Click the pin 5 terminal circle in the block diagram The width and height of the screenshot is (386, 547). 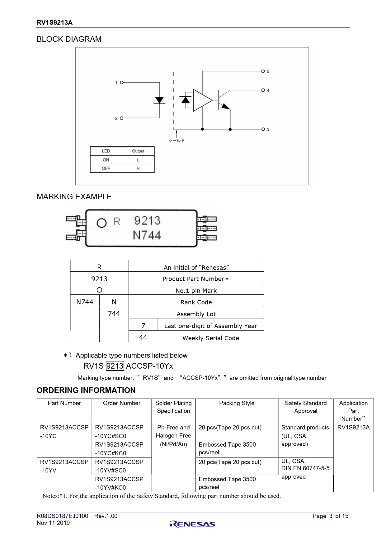(263, 71)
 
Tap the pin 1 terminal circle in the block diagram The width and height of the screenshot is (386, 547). (122, 83)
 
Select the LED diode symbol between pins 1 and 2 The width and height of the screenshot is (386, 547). (159, 100)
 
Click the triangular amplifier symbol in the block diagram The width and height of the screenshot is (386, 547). (202, 100)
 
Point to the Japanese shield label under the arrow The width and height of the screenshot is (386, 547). (177, 141)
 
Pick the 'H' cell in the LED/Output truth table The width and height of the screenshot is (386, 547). (138, 168)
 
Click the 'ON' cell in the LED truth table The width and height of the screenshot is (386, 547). (106, 160)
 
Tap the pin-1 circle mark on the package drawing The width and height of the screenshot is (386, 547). (101, 223)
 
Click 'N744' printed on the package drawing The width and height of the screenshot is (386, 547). (147, 235)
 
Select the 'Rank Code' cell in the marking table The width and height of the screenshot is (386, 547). (196, 302)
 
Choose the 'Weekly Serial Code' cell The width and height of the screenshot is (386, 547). (211, 338)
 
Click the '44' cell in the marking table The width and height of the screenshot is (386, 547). (143, 337)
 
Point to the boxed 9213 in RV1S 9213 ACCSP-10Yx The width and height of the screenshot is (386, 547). (115, 366)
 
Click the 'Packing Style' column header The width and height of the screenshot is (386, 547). (237, 403)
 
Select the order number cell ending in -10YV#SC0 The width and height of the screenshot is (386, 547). (122, 466)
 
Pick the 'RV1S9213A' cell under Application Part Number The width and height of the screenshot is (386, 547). (353, 428)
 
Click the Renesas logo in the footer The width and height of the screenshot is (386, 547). (193, 524)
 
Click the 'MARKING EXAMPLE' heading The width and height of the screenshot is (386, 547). (74, 197)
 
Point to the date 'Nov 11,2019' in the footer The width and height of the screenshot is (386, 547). (53, 523)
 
